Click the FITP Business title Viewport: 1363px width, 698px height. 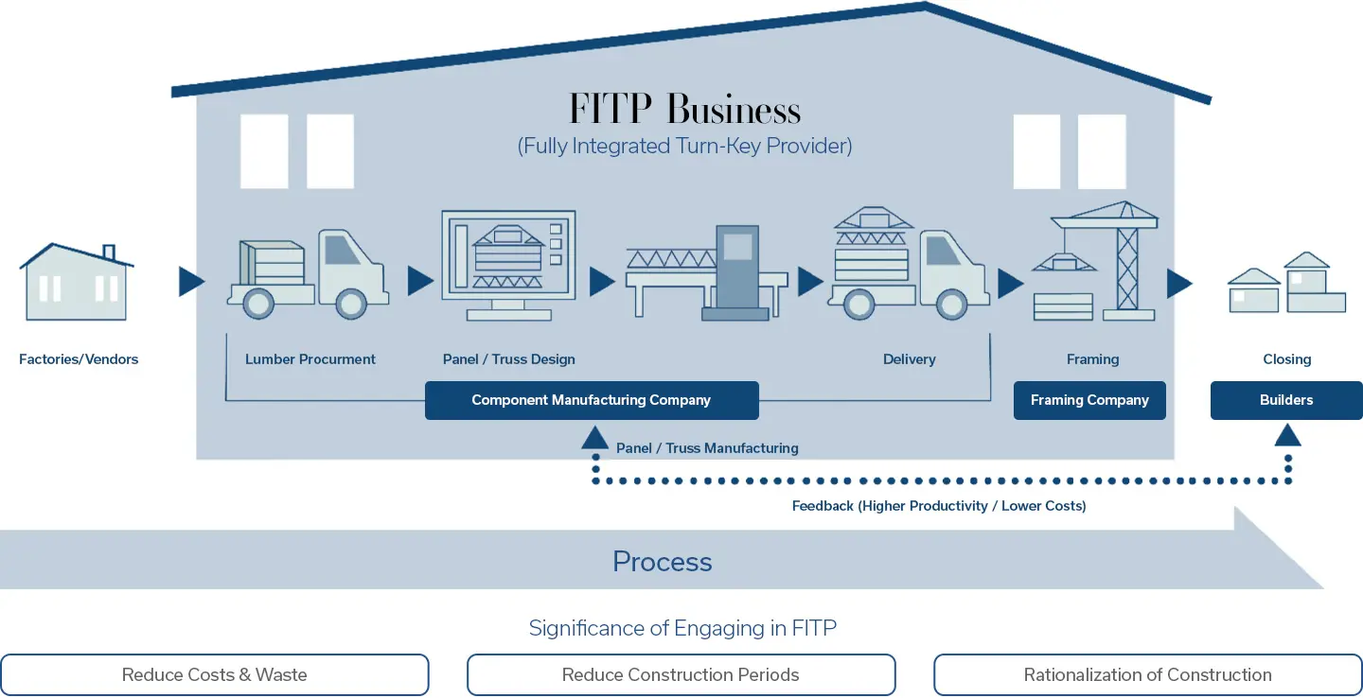(x=684, y=110)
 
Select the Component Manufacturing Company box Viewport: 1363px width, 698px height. (x=592, y=400)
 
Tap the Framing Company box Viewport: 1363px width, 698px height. (x=1089, y=400)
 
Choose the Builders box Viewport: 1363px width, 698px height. (x=1286, y=400)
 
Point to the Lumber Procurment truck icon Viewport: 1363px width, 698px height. (x=308, y=273)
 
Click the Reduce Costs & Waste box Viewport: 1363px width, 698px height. (x=215, y=674)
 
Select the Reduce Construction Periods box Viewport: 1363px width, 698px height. (x=681, y=674)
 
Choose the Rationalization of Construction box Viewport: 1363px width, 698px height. (x=1147, y=674)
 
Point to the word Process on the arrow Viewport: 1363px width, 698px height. (x=662, y=561)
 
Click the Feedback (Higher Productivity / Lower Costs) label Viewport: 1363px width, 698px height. (x=939, y=506)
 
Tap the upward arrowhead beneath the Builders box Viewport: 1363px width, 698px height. (x=1287, y=436)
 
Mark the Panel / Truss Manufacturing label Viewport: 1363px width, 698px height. (x=707, y=448)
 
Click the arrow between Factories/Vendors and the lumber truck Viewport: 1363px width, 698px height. (x=191, y=282)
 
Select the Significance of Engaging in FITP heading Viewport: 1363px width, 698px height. (x=682, y=628)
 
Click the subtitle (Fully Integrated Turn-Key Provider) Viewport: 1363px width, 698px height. (x=684, y=146)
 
